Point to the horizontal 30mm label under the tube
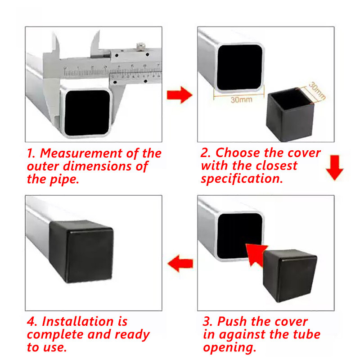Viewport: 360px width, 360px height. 241,100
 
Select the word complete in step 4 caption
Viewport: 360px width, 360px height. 54,335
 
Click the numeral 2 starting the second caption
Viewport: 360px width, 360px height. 204,153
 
